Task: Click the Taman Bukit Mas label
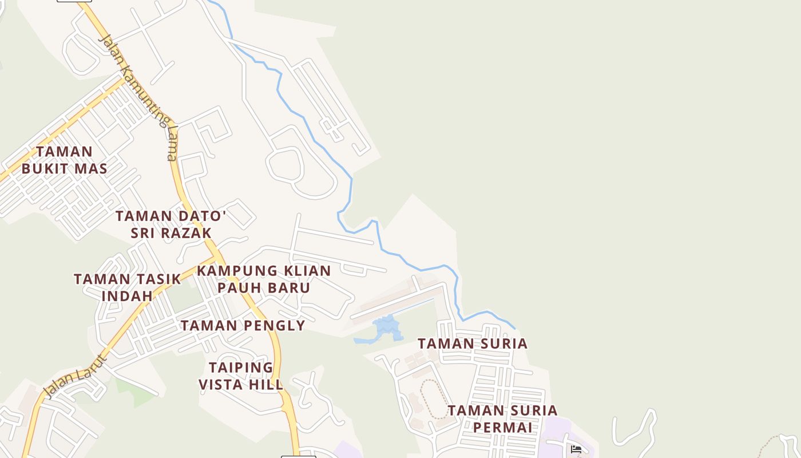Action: tap(65, 160)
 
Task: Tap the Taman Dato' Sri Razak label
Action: tap(171, 224)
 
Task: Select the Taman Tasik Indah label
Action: tap(128, 287)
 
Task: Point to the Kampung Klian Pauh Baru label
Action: tap(264, 279)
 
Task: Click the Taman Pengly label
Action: tap(243, 326)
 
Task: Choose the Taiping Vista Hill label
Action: tap(241, 376)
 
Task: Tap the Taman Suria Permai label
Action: tap(502, 418)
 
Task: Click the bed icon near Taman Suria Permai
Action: tap(576, 449)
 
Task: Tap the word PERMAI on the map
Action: tap(502, 427)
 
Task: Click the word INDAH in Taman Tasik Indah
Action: tap(128, 296)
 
